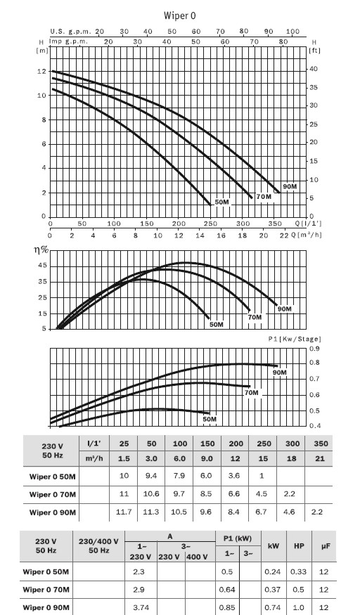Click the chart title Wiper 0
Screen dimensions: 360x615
pyautogui.click(x=179, y=15)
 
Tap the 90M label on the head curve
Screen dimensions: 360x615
pyautogui.click(x=290, y=187)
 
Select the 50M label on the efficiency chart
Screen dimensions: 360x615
pyautogui.click(x=216, y=325)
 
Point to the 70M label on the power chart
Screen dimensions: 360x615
pyautogui.click(x=252, y=393)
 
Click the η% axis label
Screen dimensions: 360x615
pyautogui.click(x=41, y=250)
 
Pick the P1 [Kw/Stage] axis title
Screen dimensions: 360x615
pyautogui.click(x=295, y=339)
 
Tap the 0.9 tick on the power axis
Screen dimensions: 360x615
pyautogui.click(x=314, y=349)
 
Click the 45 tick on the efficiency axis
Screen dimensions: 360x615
pyautogui.click(x=42, y=266)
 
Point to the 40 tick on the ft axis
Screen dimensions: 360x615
pyautogui.click(x=314, y=69)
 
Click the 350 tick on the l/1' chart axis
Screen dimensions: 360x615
pyautogui.click(x=275, y=224)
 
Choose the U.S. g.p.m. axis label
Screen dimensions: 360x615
pyautogui.click(x=71, y=32)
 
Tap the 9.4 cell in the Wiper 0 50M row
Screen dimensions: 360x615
pyautogui.click(x=151, y=476)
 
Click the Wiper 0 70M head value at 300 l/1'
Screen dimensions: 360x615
pyautogui.click(x=290, y=494)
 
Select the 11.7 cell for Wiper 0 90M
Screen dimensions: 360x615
pyautogui.click(x=124, y=512)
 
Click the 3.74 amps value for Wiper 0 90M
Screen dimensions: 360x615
pyautogui.click(x=141, y=607)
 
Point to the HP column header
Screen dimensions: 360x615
pyautogui.click(x=300, y=546)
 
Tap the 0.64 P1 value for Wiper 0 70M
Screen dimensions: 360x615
pyautogui.click(x=227, y=590)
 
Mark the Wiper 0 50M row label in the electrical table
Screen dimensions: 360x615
pyautogui.click(x=46, y=572)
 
